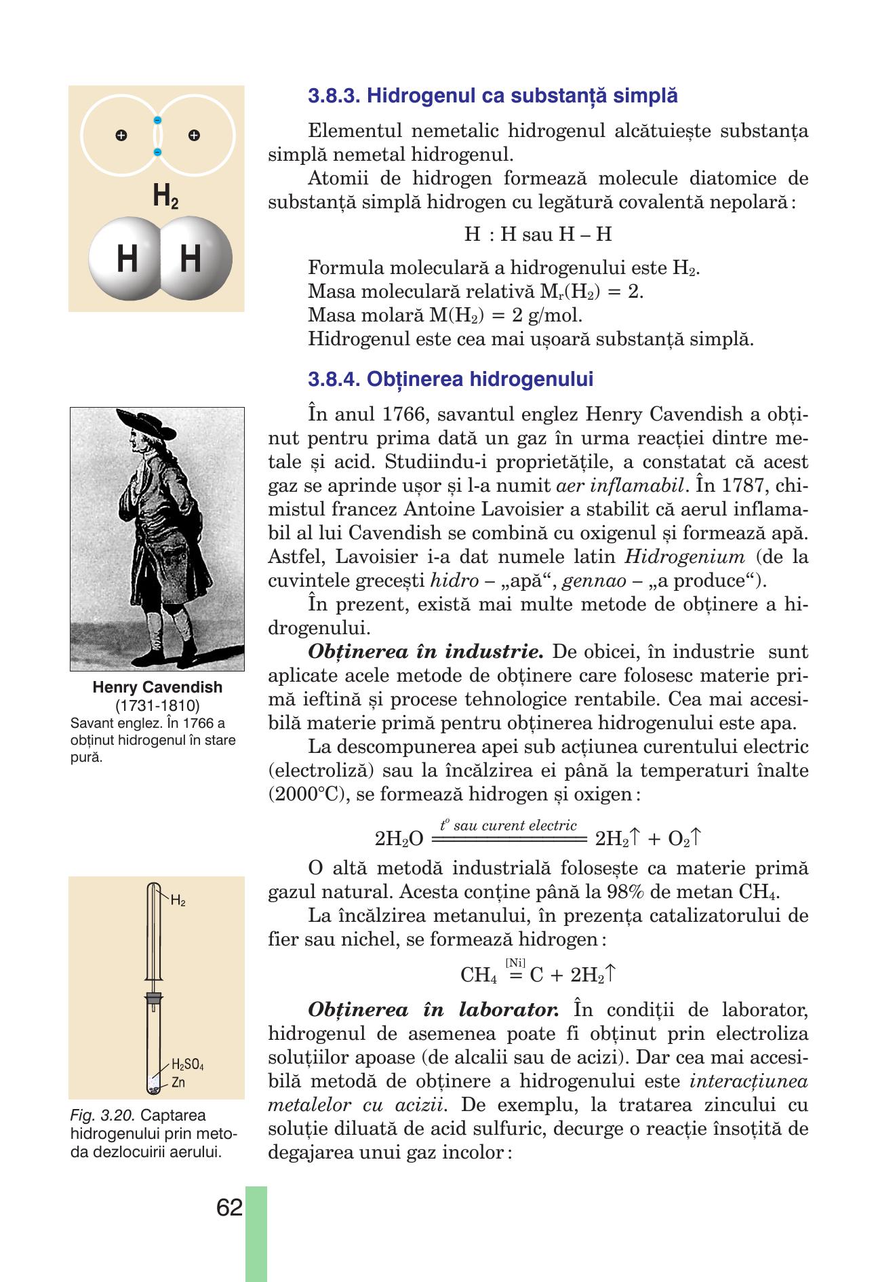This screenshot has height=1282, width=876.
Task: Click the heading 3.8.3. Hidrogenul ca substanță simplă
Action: click(492, 96)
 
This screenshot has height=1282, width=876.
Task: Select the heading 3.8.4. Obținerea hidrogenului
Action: click(450, 379)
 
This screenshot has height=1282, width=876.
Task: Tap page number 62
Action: click(230, 1207)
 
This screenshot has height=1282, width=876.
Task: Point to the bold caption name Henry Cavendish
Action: click(157, 687)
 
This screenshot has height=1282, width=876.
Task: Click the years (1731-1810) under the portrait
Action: click(157, 704)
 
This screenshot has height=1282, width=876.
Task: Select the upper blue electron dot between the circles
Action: click(157, 121)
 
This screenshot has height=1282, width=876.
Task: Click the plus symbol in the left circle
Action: click(121, 136)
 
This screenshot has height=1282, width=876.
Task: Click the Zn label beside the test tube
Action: click(178, 1082)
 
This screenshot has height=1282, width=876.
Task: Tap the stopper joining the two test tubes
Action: click(155, 998)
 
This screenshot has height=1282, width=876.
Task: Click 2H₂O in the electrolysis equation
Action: click(399, 839)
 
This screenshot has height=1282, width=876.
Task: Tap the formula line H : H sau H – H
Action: click(538, 235)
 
